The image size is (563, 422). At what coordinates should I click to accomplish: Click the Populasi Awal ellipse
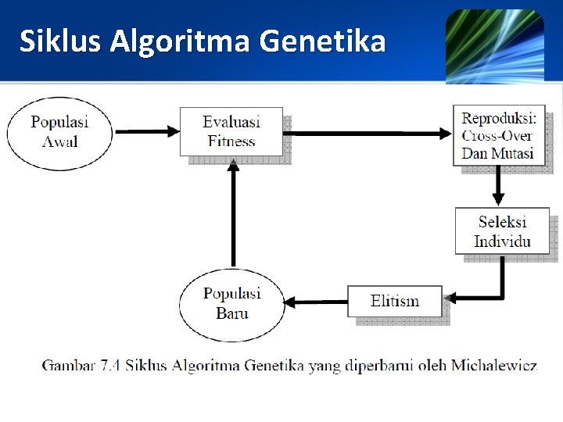click(59, 132)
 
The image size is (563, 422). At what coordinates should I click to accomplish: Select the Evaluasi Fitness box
click(231, 131)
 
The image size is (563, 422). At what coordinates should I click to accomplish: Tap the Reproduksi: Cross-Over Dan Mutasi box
click(498, 134)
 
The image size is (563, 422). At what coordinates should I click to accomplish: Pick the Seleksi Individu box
click(502, 231)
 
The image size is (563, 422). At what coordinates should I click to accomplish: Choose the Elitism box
click(395, 301)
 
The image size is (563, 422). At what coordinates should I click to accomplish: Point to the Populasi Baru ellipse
click(231, 304)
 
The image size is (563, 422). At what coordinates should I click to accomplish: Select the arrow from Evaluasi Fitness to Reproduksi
click(368, 134)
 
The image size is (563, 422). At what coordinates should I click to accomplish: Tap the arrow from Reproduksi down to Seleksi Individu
click(497, 186)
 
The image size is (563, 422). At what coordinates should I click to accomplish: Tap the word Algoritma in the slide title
click(181, 41)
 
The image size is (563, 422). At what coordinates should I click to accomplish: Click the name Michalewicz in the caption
click(495, 365)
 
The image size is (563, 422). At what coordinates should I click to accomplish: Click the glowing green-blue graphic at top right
click(494, 45)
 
